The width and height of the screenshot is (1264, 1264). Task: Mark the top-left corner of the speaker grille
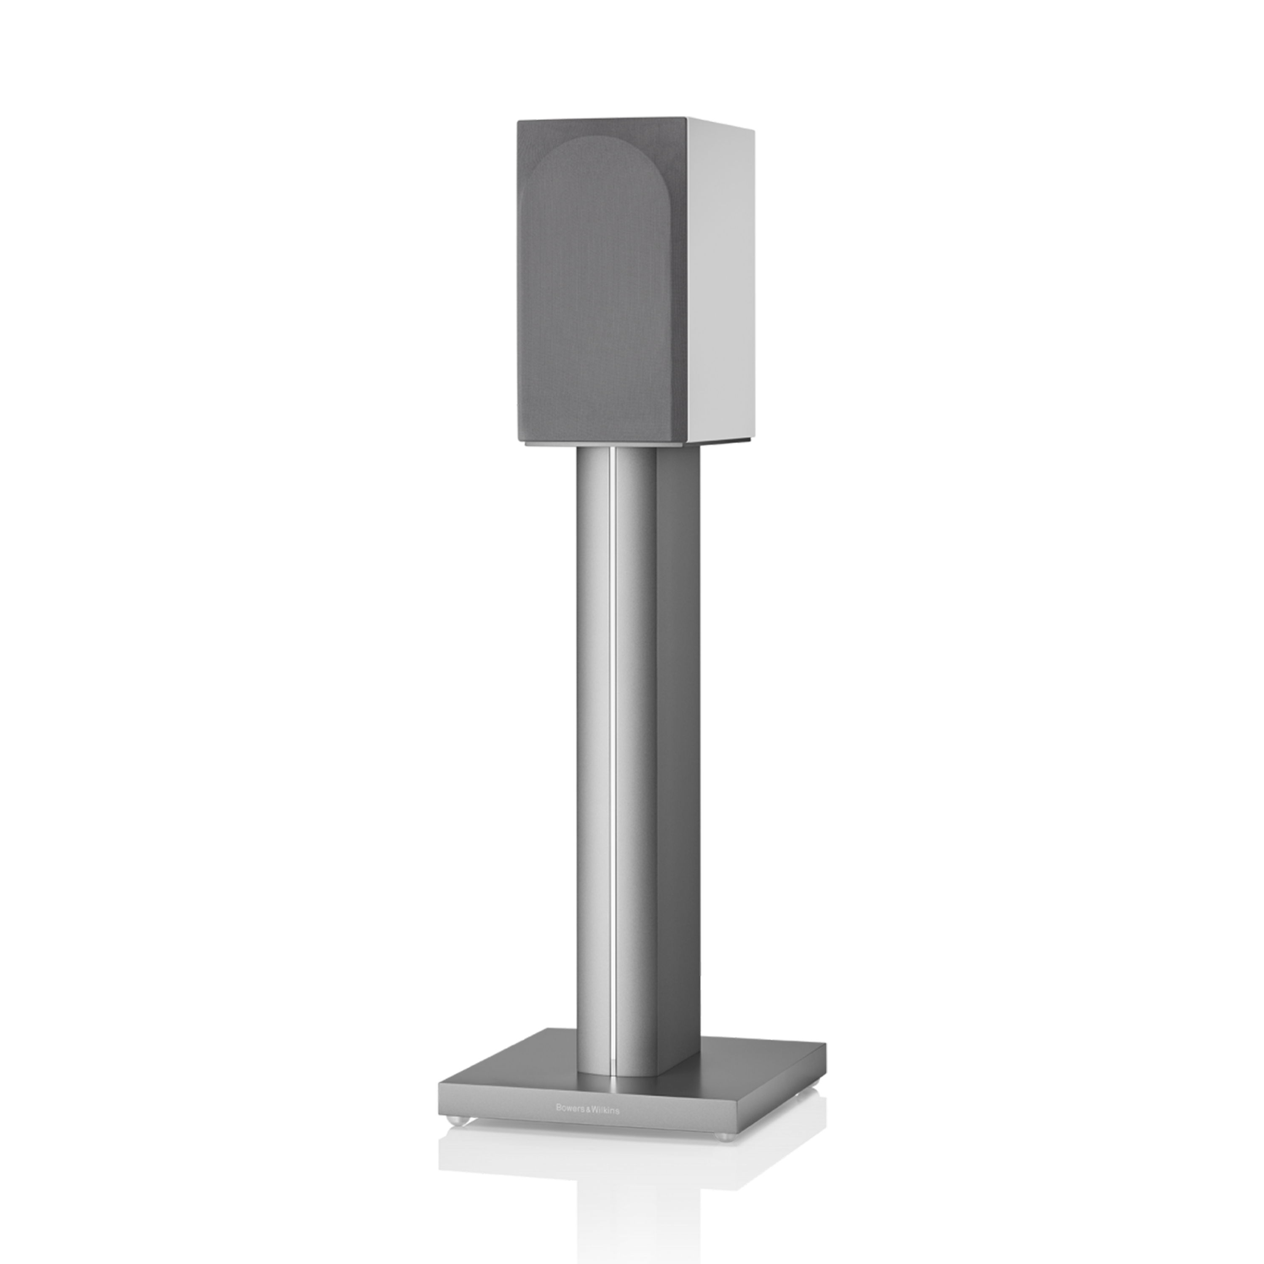(x=518, y=121)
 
